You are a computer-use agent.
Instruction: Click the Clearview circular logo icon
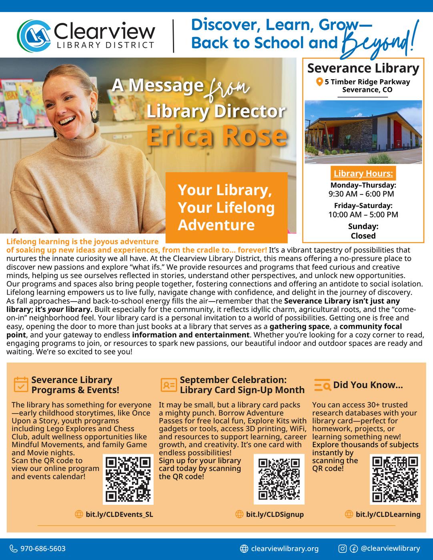(x=33, y=36)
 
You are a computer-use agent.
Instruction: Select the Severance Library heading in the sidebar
(x=363, y=68)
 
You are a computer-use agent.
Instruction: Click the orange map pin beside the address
(x=319, y=82)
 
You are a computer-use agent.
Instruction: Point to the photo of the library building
(x=363, y=132)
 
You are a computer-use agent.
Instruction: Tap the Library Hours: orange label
(x=363, y=174)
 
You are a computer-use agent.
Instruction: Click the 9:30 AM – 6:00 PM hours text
(x=361, y=194)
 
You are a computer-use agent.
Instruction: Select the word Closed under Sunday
(x=363, y=236)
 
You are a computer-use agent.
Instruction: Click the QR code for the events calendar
(x=128, y=479)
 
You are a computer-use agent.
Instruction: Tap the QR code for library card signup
(x=279, y=479)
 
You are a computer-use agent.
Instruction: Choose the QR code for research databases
(x=395, y=479)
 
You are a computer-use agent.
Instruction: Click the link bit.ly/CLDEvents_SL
(x=119, y=514)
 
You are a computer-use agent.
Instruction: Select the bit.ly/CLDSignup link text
(x=275, y=514)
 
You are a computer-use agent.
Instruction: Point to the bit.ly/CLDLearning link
(x=388, y=514)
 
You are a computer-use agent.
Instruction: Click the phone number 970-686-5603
(x=43, y=548)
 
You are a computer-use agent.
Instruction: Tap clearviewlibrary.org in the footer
(x=285, y=548)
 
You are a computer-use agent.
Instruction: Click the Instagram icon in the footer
(x=343, y=549)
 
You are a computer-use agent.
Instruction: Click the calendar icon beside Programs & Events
(x=21, y=384)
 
